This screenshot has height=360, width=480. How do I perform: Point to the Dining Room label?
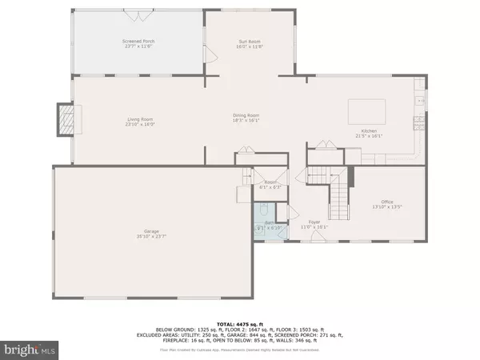[246, 118]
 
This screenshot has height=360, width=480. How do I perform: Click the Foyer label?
[315, 223]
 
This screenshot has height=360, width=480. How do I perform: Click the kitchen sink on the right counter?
[418, 100]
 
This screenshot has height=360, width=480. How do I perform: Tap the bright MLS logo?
[30, 348]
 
